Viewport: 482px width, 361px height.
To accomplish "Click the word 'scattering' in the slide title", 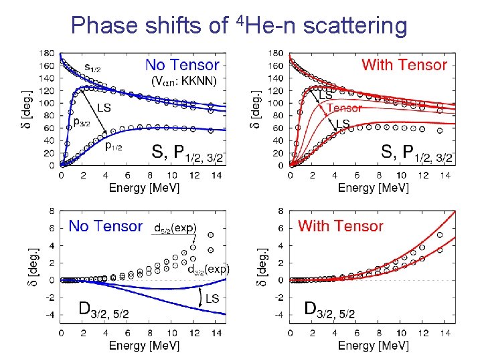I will [x=355, y=25].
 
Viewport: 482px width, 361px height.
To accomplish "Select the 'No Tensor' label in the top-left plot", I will [x=182, y=65].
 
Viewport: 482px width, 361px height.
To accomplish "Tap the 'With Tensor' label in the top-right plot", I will [x=404, y=65].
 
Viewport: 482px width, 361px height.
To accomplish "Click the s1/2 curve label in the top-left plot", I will [x=94, y=67].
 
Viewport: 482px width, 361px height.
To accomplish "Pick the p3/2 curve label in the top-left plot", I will [x=82, y=122].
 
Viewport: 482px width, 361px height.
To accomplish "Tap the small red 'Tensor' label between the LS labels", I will [x=345, y=108].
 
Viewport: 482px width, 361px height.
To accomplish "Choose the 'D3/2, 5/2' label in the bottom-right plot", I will [x=329, y=310].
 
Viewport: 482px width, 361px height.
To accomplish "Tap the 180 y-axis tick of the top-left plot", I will [x=47, y=53].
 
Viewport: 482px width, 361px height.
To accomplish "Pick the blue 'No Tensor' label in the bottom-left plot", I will [x=105, y=226].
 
